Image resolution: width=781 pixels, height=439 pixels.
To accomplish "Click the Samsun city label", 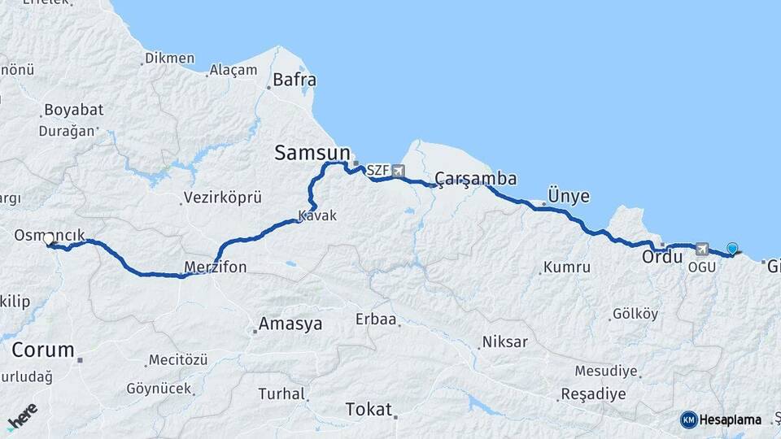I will coord(312,152).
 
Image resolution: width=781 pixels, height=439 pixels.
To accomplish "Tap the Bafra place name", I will coord(295,80).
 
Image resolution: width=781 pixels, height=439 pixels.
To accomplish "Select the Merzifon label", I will coord(216,267).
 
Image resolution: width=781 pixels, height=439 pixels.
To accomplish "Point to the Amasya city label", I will coord(290,324).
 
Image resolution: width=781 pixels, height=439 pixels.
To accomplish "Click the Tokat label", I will coord(369,409).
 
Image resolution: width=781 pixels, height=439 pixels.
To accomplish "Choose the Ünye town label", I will coord(569,196).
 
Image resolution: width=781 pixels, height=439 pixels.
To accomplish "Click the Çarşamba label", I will coord(476,178).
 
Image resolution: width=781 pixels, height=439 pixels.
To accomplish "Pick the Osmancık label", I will coord(50,235).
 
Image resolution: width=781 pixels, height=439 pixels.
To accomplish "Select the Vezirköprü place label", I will coord(222,198).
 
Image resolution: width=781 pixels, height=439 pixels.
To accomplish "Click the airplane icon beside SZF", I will coord(398,171).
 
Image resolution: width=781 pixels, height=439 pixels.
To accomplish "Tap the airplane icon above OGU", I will coord(702,249).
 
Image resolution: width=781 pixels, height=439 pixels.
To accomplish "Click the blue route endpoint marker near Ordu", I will coord(733,250).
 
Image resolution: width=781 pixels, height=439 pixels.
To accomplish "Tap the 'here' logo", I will coord(22,415).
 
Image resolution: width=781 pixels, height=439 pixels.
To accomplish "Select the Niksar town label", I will coord(504,341).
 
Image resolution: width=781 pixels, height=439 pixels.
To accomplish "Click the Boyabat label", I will coord(73,110).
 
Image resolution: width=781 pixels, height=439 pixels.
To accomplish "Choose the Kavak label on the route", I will coord(317,216).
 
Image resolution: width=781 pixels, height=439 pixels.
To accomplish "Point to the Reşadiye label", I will coord(593,394).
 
